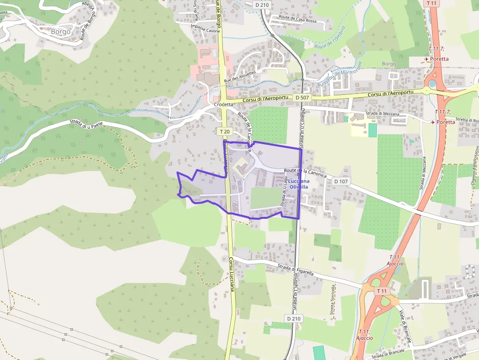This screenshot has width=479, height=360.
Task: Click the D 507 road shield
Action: click(x=302, y=98)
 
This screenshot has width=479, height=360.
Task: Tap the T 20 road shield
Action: click(x=224, y=131)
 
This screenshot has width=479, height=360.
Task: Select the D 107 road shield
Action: click(x=341, y=181)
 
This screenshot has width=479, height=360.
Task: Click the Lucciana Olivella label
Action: click(x=299, y=184)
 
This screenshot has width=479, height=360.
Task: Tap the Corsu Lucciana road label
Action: click(x=231, y=275)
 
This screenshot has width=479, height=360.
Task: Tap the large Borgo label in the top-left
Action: click(x=61, y=32)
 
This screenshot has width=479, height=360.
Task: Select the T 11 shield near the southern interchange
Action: click(x=382, y=291)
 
